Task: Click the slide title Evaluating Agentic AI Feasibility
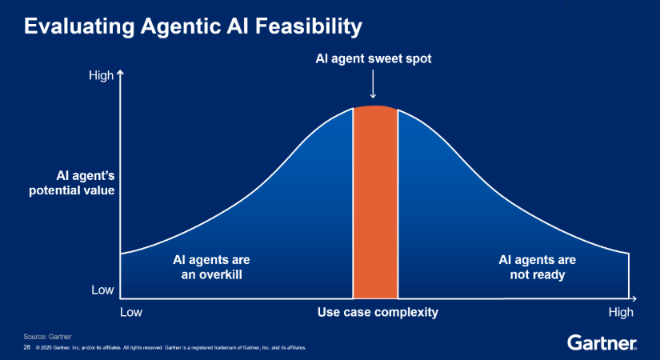pyautogui.click(x=193, y=26)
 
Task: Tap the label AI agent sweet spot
pyautogui.click(x=374, y=58)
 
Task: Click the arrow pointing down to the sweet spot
pyautogui.click(x=373, y=84)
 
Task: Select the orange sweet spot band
pyautogui.click(x=375, y=202)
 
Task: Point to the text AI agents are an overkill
pyautogui.click(x=211, y=267)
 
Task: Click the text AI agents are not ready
pyautogui.click(x=537, y=267)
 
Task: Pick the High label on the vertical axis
pyautogui.click(x=101, y=75)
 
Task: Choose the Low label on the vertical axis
pyautogui.click(x=102, y=290)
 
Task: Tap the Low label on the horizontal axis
pyautogui.click(x=131, y=312)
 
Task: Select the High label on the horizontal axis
pyautogui.click(x=621, y=312)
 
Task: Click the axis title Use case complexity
pyautogui.click(x=378, y=312)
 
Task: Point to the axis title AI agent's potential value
pyautogui.click(x=71, y=182)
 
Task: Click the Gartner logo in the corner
pyautogui.click(x=602, y=342)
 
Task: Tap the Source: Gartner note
pyautogui.click(x=47, y=337)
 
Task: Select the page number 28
pyautogui.click(x=27, y=347)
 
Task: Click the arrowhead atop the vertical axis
pyautogui.click(x=120, y=74)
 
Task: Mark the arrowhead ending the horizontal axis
pyautogui.click(x=634, y=298)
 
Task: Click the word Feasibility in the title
pyautogui.click(x=309, y=26)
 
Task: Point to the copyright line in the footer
pyautogui.click(x=171, y=348)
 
